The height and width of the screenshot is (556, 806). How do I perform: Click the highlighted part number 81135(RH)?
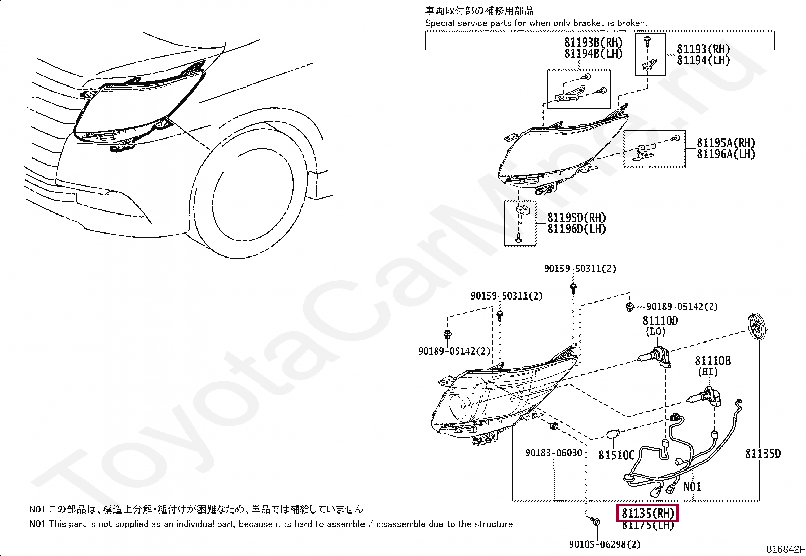[648, 513]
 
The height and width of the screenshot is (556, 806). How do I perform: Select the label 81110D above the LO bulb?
[660, 321]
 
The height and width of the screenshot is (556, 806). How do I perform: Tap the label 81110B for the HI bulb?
[712, 361]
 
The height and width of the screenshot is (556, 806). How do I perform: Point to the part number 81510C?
[616, 455]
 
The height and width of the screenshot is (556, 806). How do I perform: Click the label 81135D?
[762, 454]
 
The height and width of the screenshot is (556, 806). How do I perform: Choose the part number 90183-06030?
[553, 453]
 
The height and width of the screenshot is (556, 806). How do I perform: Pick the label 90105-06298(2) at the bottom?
[604, 544]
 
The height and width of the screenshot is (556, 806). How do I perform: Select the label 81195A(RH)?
[726, 143]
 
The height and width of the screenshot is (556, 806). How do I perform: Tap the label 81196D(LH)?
[576, 229]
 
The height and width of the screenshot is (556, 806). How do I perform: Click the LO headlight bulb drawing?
[657, 355]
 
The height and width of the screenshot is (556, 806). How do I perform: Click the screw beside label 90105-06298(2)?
[596, 522]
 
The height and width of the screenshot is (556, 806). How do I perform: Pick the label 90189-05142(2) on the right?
[681, 307]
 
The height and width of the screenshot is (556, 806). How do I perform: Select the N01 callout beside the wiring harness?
[692, 487]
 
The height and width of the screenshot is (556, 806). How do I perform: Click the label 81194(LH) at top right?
[703, 60]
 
